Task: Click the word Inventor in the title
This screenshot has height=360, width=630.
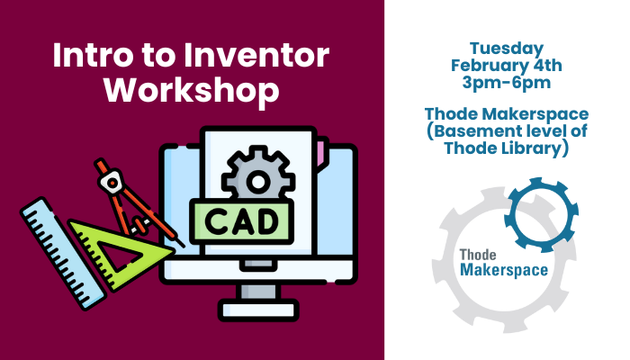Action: [256, 55]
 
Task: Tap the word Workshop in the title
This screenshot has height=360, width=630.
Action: [192, 90]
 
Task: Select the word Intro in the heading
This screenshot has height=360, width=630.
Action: [92, 55]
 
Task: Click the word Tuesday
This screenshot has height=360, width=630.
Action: [507, 49]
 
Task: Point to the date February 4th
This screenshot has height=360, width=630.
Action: [506, 66]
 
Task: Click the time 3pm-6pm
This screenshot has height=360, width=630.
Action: [506, 83]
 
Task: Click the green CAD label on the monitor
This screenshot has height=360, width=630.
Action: [241, 221]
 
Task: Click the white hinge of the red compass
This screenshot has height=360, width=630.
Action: [111, 182]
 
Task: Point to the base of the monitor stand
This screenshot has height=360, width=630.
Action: [258, 310]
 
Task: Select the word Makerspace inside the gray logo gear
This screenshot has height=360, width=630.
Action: [504, 270]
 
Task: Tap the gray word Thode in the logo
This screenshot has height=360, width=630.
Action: [478, 255]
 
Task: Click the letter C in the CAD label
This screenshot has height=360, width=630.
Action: [215, 221]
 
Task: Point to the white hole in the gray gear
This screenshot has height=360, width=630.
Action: [258, 182]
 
